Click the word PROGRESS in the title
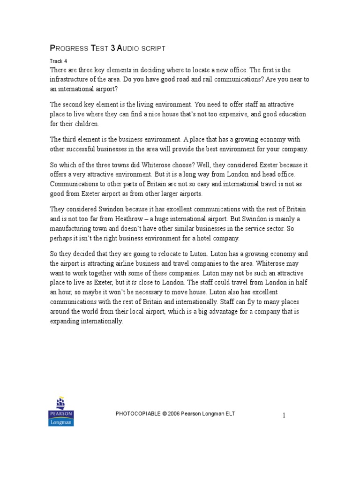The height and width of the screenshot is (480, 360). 69,48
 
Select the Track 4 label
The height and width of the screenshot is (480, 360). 59,61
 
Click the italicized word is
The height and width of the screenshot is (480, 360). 153,283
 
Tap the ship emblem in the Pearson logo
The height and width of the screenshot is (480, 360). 61,403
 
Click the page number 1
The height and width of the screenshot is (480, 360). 284,415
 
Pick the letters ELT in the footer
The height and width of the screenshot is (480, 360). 229,413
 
